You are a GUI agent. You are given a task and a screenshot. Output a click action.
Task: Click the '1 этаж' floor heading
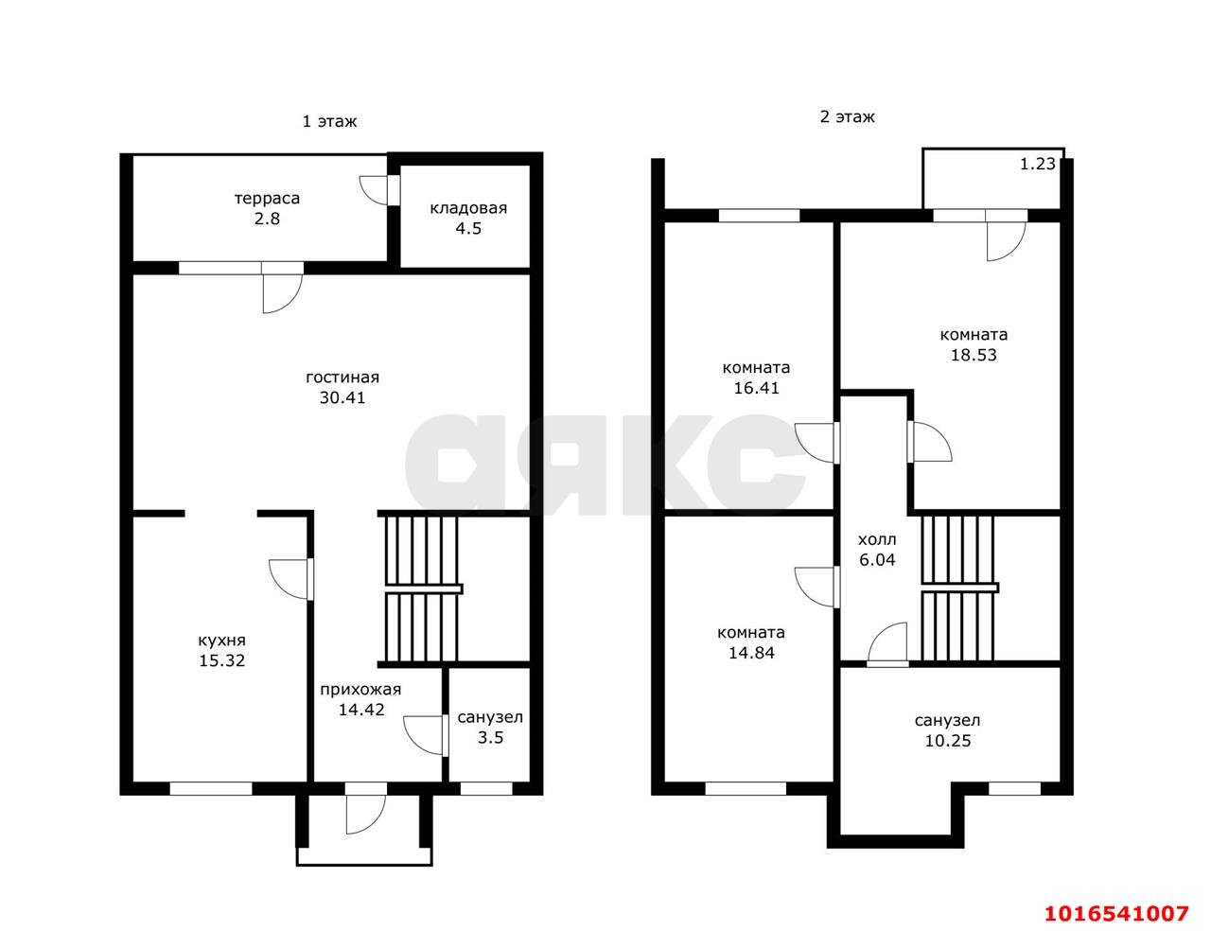(329, 121)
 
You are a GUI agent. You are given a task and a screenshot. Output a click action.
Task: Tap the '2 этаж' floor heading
(847, 116)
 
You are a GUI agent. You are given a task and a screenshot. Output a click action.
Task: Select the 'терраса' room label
(267, 199)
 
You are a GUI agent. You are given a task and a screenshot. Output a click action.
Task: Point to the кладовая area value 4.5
(468, 228)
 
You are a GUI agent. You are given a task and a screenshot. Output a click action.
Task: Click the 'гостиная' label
(342, 378)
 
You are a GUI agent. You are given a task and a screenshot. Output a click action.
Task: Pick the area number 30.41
(342, 397)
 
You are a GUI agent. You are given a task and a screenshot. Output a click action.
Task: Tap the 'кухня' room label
(221, 641)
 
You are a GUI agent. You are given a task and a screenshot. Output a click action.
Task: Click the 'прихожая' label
(360, 689)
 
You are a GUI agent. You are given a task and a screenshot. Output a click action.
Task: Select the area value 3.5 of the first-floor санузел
(490, 737)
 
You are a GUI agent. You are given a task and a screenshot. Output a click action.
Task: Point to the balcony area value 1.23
(1038, 164)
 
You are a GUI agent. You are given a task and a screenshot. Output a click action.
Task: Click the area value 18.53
(974, 355)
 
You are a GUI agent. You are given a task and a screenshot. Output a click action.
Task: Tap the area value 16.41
(756, 388)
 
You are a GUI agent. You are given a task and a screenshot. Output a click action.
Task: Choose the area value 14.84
(752, 653)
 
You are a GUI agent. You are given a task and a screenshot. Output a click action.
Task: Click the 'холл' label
(877, 539)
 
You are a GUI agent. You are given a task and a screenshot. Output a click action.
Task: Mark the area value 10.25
(948, 741)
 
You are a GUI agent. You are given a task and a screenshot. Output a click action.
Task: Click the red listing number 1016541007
(1116, 913)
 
